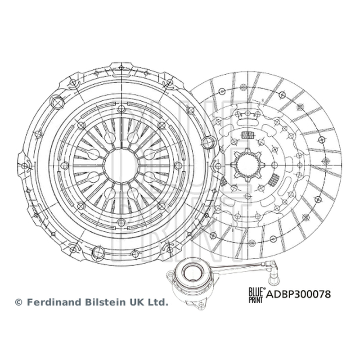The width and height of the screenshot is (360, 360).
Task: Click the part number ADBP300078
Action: (x=298, y=294)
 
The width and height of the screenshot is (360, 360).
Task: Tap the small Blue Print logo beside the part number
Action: (x=256, y=295)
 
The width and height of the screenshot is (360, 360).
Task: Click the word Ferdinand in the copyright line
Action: (x=54, y=302)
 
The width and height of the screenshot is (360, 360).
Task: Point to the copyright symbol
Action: (x=18, y=302)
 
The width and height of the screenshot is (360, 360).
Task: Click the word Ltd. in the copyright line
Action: (x=158, y=302)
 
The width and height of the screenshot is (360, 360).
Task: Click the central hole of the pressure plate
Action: (x=121, y=165)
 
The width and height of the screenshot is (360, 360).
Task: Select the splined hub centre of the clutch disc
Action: (x=247, y=165)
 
